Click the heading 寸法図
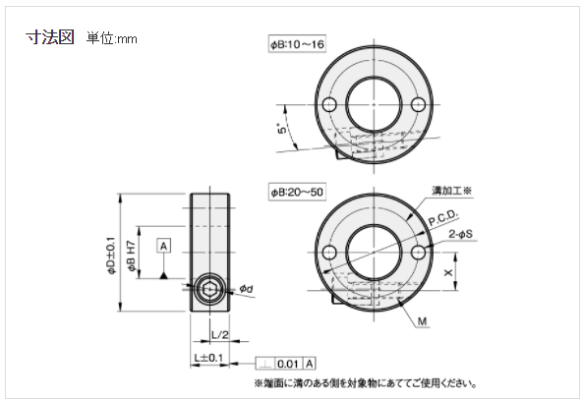(50, 37)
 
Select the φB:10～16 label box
(297, 45)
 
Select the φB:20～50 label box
(297, 193)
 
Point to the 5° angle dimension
(282, 130)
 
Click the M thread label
(421, 321)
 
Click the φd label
(247, 288)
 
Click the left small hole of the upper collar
(327, 104)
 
